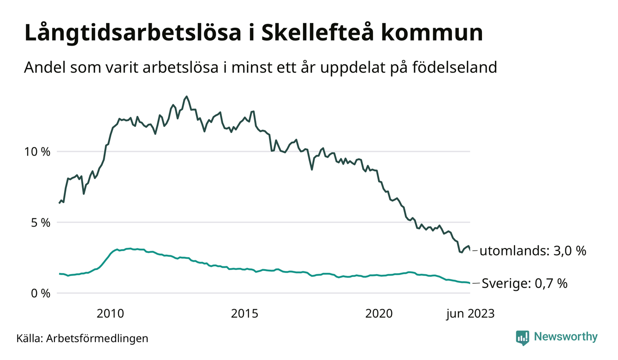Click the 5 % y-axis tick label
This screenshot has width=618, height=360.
41,222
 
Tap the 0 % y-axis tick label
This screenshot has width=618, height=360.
41,293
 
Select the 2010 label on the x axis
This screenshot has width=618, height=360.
110,314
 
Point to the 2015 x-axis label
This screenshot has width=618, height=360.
245,314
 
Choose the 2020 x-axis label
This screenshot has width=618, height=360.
379,314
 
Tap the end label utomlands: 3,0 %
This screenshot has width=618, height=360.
533,251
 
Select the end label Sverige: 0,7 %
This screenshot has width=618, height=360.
524,283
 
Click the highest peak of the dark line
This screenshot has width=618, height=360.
186,96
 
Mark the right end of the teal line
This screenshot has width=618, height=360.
469,283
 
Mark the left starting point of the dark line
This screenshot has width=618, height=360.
59,203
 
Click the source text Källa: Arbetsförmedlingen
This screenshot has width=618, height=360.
82,338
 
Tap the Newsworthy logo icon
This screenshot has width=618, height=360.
523,338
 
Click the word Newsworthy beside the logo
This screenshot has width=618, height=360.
565,337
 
